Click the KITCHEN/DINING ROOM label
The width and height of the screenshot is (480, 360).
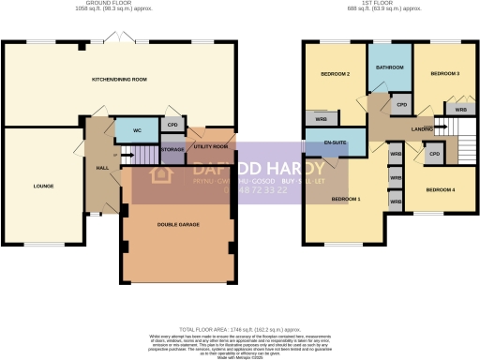click(x=120, y=80)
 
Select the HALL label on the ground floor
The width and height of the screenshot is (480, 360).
click(x=100, y=168)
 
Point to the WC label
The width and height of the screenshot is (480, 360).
click(x=137, y=130)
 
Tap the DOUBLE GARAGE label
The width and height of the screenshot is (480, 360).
click(x=176, y=223)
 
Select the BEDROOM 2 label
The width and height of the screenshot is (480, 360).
click(x=336, y=74)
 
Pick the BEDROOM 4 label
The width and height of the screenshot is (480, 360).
click(x=440, y=190)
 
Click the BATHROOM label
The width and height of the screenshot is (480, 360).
click(x=389, y=67)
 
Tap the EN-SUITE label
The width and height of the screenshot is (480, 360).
click(x=336, y=143)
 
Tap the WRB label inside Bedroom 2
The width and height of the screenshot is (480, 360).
click(x=322, y=119)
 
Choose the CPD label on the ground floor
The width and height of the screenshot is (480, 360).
click(x=172, y=123)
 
